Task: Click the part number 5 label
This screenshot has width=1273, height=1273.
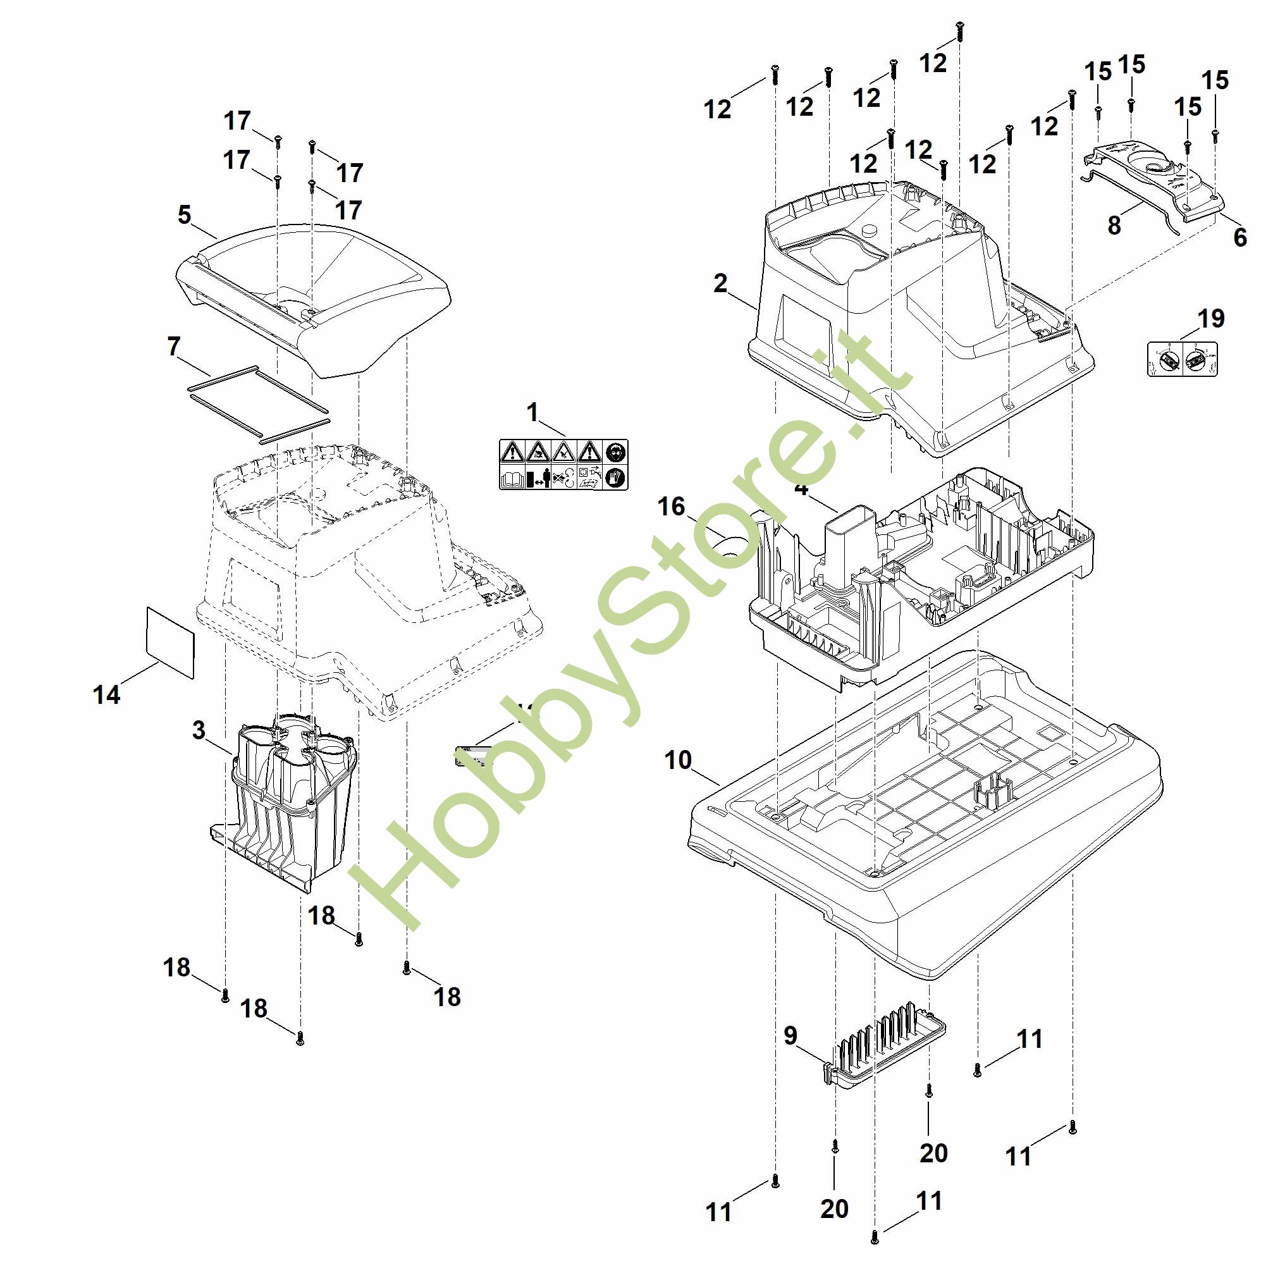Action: coord(185,215)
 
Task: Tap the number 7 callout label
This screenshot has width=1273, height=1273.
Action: coord(174,346)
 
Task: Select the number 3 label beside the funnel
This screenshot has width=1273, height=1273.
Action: coord(199,730)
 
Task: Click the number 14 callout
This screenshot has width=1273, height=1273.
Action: coord(107,694)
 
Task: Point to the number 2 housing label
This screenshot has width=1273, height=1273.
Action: coord(720,283)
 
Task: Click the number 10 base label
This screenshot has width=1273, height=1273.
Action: coord(678,759)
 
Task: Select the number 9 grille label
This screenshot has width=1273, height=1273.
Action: coord(790,1035)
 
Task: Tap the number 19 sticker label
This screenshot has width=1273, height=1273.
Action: coord(1210,319)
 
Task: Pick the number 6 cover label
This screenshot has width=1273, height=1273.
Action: coord(1240,237)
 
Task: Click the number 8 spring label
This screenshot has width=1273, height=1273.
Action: coord(1114,225)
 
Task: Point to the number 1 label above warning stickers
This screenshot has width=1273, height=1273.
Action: coord(532,412)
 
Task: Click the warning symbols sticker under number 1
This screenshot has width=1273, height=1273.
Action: coord(563,465)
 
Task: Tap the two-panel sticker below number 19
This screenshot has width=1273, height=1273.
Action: coord(1183,359)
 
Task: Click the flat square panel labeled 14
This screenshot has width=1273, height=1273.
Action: coord(170,642)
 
